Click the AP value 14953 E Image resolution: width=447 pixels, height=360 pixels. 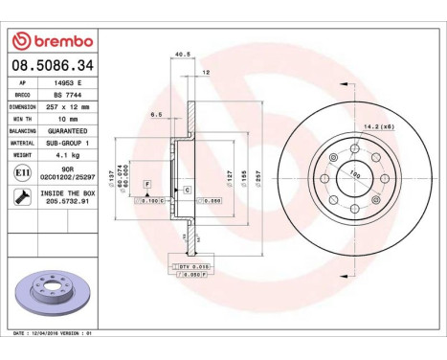[65, 86]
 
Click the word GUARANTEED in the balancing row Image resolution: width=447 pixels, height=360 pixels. [69, 130]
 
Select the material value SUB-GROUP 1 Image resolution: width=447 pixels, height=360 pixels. [69, 141]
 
